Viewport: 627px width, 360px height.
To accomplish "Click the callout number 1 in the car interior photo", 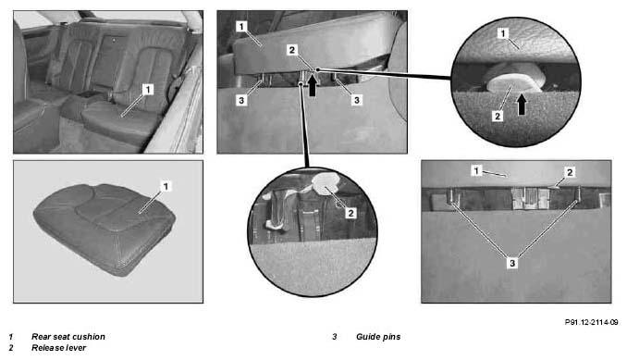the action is [x=148, y=89].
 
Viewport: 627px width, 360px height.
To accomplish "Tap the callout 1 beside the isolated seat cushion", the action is [x=166, y=186].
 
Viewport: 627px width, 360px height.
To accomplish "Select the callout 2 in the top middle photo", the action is [x=292, y=50].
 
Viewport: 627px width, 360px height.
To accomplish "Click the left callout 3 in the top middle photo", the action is [x=241, y=100].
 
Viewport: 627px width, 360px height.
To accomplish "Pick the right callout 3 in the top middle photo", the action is [x=357, y=100].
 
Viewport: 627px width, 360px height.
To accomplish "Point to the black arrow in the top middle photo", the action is [x=313, y=85].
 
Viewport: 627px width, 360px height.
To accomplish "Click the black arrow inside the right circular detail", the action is [x=522, y=105].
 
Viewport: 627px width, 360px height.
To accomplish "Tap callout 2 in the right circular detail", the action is [x=498, y=116].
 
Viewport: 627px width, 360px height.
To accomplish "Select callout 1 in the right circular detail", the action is [x=503, y=33].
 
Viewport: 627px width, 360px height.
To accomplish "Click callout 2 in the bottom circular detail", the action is [x=350, y=213].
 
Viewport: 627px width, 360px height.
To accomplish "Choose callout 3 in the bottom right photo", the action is [x=512, y=263].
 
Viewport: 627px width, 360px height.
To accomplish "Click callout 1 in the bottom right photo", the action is [x=476, y=171].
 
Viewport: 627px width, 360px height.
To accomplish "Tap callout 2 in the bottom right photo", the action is [x=570, y=172].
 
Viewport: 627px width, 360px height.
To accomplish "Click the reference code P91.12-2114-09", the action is [x=592, y=322].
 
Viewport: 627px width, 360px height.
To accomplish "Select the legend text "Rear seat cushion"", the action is [x=68, y=337].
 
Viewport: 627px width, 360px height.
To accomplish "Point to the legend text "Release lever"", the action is [x=59, y=348].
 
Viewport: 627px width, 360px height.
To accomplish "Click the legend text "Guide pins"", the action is [x=378, y=337].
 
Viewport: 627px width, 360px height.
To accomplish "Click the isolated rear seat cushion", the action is [x=104, y=229].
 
